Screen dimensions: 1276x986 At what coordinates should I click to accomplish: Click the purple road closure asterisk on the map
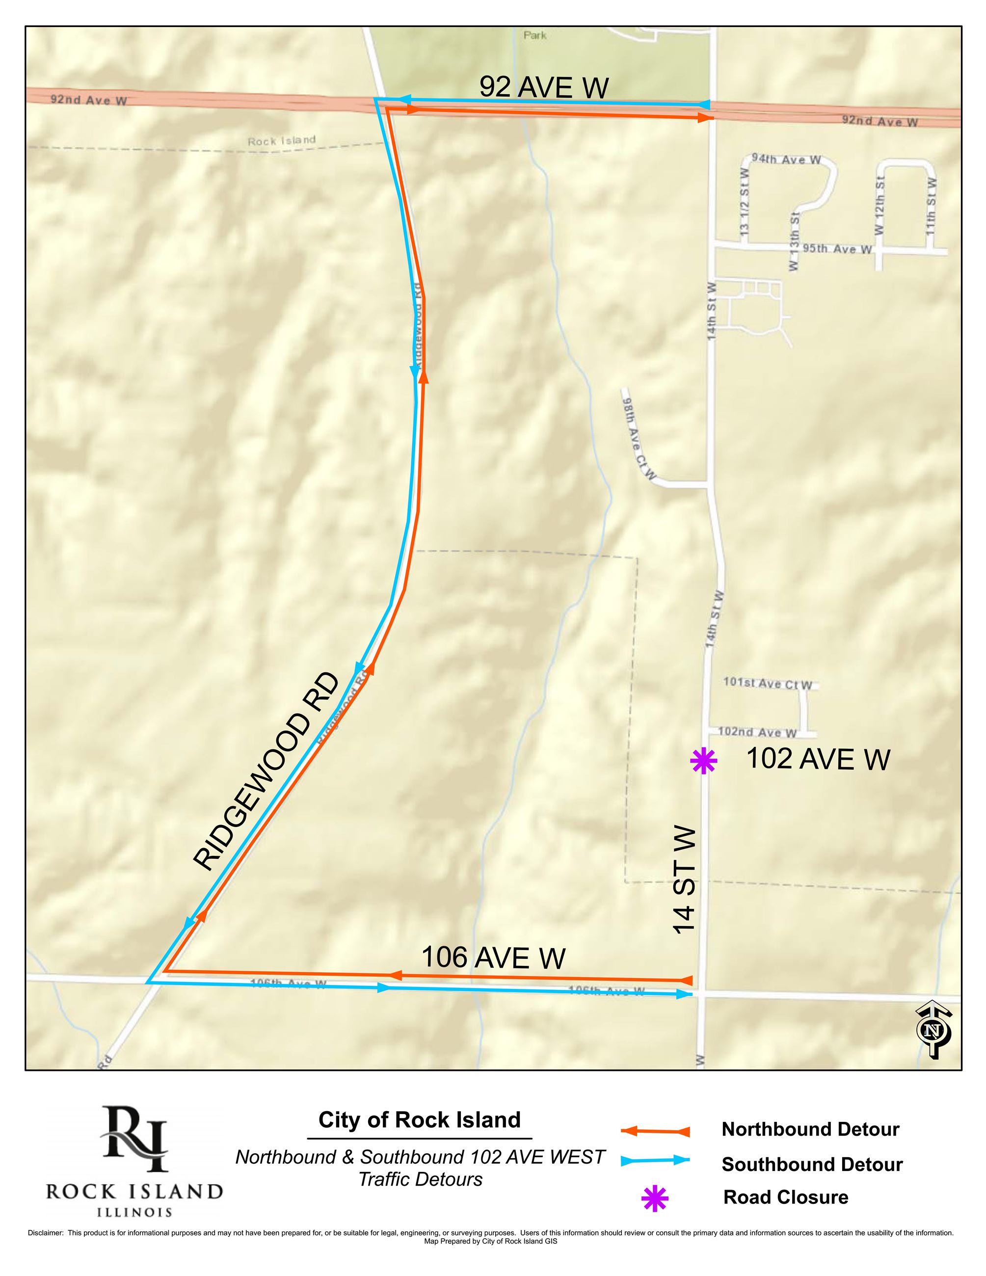pos(703,761)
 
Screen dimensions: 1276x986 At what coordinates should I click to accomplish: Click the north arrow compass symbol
pos(933,1030)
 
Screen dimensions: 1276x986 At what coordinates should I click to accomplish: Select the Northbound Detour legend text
pos(810,1129)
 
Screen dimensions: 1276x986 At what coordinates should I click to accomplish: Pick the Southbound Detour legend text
pos(812,1165)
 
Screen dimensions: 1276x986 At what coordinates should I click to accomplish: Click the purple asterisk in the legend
pos(654,1198)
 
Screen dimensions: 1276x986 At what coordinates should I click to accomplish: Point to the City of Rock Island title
pos(420,1120)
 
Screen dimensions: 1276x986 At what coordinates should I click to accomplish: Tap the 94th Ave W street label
pos(786,159)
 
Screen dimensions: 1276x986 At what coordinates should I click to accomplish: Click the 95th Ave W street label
pos(836,249)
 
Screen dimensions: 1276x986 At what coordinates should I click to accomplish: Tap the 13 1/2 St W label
pos(744,202)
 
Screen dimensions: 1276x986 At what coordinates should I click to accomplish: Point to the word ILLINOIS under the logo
pos(134,1212)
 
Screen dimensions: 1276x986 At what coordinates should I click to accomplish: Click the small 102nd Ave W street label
pos(757,732)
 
